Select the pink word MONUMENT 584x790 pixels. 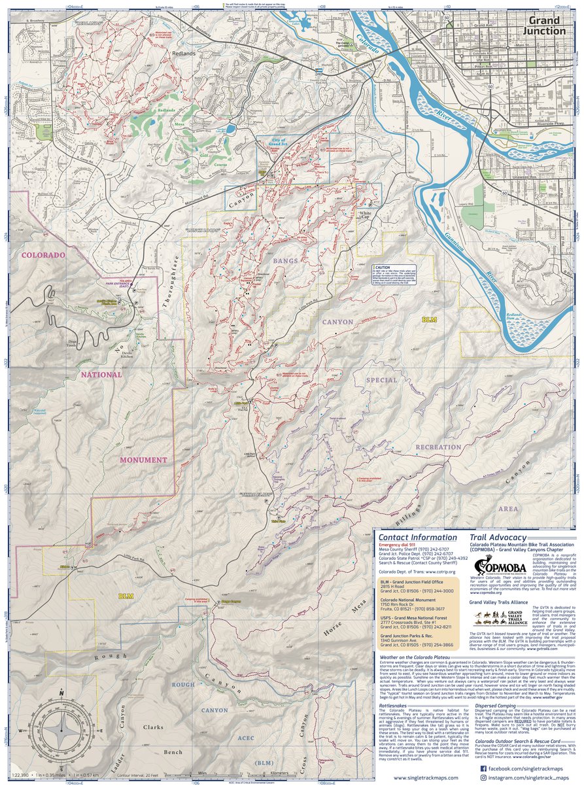tap(143, 460)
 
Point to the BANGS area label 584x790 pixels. tap(284, 261)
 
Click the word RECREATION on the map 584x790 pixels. tap(438, 447)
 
